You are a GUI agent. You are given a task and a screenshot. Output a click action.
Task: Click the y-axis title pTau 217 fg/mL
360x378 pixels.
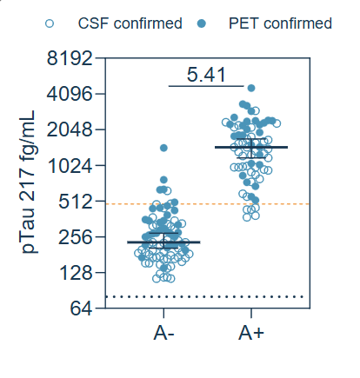coord(29,182)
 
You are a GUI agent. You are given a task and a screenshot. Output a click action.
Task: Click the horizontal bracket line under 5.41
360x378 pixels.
coord(208,86)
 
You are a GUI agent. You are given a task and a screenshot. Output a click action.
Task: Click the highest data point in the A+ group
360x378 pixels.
coord(251,88)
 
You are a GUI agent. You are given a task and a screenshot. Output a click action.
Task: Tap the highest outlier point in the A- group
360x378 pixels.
coord(163,149)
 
